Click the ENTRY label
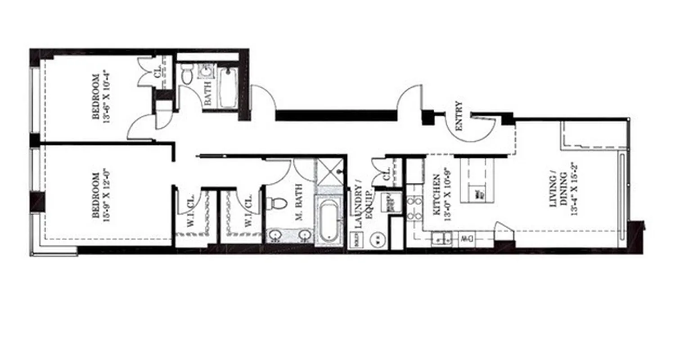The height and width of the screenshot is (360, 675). tap(459, 116)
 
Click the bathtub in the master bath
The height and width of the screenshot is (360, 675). tap(329, 222)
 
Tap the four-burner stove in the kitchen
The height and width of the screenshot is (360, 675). tap(414, 208)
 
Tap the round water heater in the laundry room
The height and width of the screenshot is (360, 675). tap(378, 239)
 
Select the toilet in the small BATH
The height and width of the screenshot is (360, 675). tap(186, 76)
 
